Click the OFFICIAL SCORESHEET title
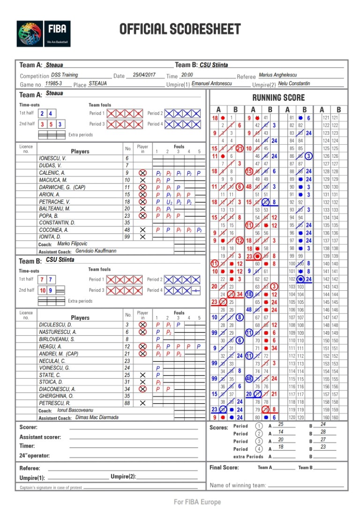tap(180, 30)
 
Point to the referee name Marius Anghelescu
tap(277, 74)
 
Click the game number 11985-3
tap(53, 83)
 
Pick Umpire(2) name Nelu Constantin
tap(294, 83)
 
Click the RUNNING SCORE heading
tap(278, 97)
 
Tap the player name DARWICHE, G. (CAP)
tap(61, 187)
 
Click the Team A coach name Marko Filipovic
tap(73, 244)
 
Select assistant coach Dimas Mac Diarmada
tap(97, 417)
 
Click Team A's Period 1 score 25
tap(280, 424)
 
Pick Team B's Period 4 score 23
tap(323, 447)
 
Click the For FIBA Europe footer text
tap(197, 502)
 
